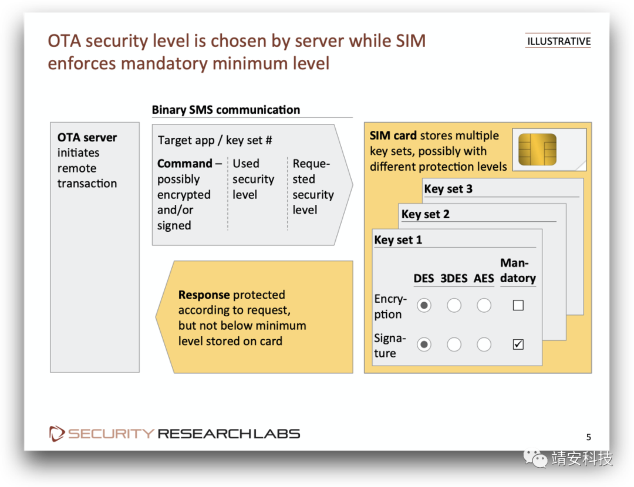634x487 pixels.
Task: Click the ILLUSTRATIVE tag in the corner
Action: coord(558,41)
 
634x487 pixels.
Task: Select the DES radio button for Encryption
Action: coord(424,305)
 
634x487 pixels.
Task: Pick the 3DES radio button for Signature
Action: coord(454,344)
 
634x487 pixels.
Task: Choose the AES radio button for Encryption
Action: coord(484,305)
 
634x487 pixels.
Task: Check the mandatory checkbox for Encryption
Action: coord(518,305)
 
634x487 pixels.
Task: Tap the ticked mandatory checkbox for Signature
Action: coord(518,344)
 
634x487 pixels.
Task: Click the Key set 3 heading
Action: coord(448,189)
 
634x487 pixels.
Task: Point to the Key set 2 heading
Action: coord(425,214)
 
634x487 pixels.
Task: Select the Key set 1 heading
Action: coord(398,240)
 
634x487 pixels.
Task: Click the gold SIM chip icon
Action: coord(537,149)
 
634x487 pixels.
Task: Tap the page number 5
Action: coord(589,437)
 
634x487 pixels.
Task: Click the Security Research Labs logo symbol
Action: coord(57,434)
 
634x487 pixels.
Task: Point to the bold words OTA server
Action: coord(87,138)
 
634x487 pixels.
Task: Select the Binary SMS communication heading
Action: coord(225,110)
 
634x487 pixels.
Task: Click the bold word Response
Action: coord(204,295)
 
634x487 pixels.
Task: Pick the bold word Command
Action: coord(184,164)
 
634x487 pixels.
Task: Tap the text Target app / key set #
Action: coord(215,140)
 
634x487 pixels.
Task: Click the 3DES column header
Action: coord(454,278)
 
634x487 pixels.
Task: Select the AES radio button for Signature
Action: coord(484,344)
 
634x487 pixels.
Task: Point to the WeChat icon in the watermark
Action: coord(536,458)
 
